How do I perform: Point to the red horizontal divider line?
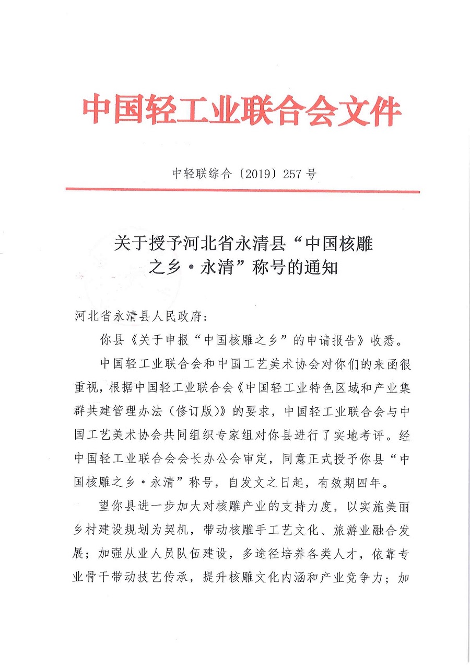(x=243, y=191)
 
